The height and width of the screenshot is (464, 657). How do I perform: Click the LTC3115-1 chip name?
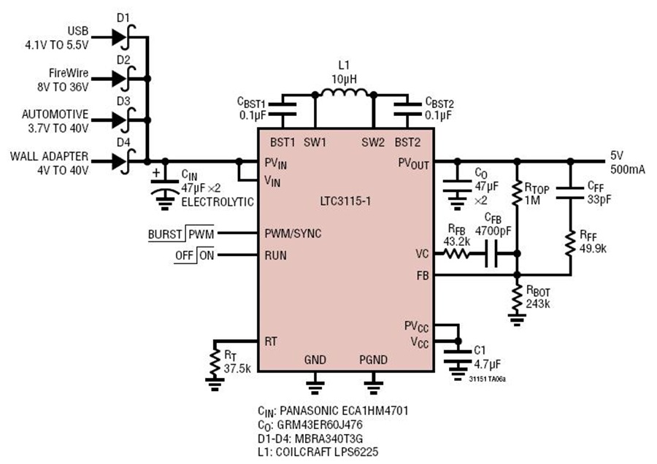(x=345, y=201)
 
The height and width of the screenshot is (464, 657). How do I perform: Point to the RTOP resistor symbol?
(x=517, y=193)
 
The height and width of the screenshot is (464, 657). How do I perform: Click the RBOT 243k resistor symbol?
(x=517, y=298)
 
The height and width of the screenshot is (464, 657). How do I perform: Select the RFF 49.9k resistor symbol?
(x=570, y=243)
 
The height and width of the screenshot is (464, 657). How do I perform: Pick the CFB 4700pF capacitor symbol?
(x=491, y=254)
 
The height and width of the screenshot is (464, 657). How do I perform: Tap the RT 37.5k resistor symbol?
(x=215, y=363)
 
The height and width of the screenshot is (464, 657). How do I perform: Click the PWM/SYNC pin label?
(x=293, y=233)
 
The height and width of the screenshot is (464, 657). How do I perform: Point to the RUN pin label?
(x=276, y=255)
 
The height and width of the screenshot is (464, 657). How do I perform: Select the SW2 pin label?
(x=373, y=142)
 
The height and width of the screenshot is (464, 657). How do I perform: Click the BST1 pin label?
(x=283, y=142)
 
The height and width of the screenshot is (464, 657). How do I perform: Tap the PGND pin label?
(x=373, y=360)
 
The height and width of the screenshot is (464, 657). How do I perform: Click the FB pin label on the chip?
(x=423, y=276)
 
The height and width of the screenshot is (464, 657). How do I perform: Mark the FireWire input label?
(x=69, y=73)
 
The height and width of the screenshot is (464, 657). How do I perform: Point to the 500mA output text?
(x=628, y=169)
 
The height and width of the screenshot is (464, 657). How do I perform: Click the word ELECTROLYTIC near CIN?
(x=218, y=202)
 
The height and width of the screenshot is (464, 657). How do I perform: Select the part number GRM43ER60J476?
(x=320, y=425)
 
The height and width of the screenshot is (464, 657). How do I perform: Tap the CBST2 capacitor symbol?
(x=407, y=109)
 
